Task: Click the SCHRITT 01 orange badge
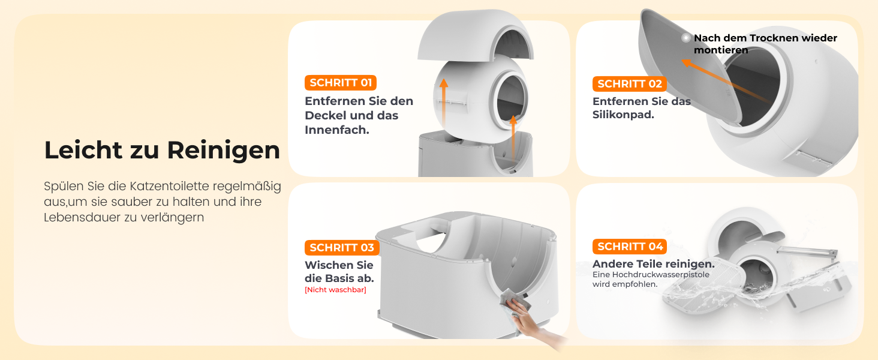[341, 83]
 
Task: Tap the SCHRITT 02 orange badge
[630, 84]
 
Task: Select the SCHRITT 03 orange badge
[342, 248]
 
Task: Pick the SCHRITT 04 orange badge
[630, 247]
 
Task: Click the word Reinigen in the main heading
[224, 150]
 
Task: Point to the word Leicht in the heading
[83, 150]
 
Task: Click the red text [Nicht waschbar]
[335, 290]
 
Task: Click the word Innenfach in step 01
[337, 130]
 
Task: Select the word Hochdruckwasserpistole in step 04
[661, 275]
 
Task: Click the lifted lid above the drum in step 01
[476, 36]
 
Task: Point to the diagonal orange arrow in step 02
[725, 80]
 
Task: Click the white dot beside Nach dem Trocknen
[686, 38]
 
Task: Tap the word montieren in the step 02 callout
[721, 50]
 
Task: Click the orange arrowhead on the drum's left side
[444, 83]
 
